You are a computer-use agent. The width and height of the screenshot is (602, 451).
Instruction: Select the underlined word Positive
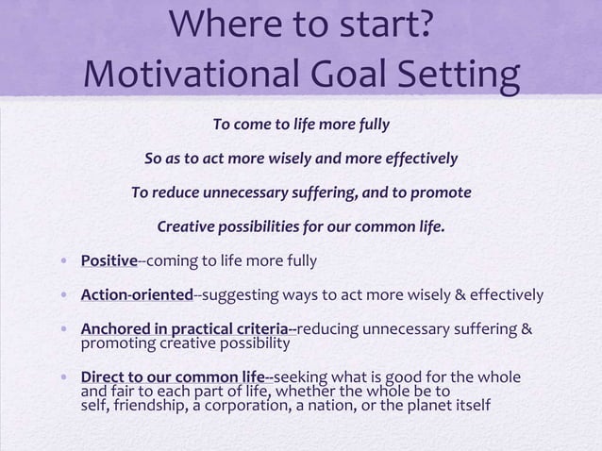tap(109, 260)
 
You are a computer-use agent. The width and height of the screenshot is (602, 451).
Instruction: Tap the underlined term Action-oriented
tap(137, 294)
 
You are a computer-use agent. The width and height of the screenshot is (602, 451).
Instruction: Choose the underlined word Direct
tap(102, 379)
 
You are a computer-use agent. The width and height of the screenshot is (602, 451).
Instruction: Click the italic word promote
tap(440, 193)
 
